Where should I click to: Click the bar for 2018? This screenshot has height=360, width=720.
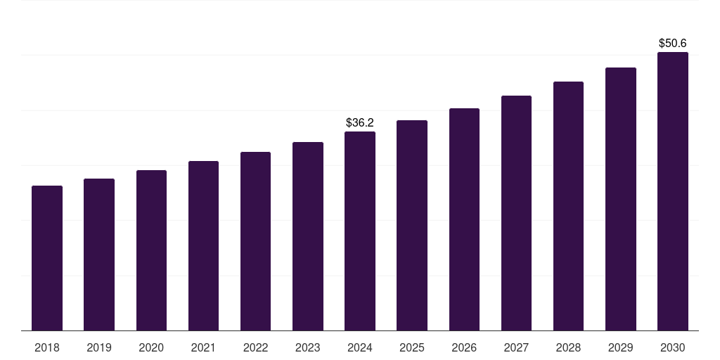point(47,258)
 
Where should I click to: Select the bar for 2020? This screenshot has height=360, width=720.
point(151,250)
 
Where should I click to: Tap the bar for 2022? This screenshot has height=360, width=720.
point(255,241)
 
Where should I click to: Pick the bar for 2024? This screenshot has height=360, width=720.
point(360,231)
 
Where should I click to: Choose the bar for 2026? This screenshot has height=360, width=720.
point(464,219)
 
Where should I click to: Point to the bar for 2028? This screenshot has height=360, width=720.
point(568,206)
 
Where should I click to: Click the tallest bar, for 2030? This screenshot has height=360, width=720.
point(672,191)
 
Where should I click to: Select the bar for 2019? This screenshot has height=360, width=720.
point(99,255)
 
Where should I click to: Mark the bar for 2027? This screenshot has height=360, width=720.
point(516,213)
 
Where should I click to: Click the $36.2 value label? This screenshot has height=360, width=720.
point(360,123)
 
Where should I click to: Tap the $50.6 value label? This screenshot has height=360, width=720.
point(672,44)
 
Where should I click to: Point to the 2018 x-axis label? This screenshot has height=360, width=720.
point(47,347)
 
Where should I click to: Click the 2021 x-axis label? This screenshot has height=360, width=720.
point(203,347)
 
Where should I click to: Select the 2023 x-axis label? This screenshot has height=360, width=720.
point(307,347)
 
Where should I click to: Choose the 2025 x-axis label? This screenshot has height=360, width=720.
point(412,347)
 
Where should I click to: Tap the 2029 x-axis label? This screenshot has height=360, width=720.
point(620,347)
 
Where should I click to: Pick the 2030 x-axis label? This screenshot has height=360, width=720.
point(672,347)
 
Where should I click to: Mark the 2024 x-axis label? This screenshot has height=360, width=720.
point(360,347)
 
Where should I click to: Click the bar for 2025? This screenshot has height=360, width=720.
point(412,225)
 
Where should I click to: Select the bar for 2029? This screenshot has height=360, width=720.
point(620,199)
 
